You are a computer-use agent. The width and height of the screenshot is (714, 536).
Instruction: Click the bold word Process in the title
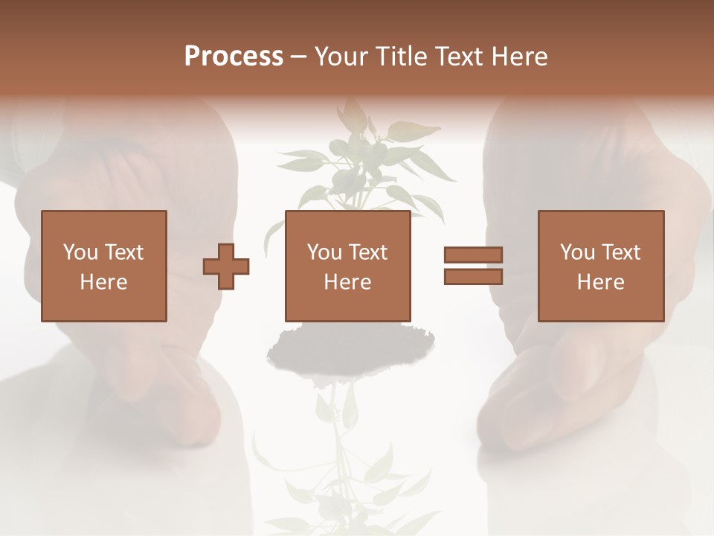234,57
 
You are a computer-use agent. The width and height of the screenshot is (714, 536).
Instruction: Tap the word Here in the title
517,57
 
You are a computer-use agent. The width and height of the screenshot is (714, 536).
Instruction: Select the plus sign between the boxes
226,267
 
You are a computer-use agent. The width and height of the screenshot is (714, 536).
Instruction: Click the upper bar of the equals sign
473,255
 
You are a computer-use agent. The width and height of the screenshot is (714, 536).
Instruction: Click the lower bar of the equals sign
473,277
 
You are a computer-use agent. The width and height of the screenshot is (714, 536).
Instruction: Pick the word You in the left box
80,252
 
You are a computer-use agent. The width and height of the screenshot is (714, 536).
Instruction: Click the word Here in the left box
103,282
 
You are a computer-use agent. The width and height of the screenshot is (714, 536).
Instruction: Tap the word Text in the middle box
368,252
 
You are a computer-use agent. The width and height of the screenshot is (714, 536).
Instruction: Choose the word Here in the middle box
347,282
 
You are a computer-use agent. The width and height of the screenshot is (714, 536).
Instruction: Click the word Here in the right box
600,282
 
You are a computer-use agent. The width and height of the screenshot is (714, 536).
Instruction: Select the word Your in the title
340,57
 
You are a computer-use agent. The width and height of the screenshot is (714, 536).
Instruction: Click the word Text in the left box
124,252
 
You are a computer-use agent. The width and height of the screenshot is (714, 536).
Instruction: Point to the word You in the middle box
325,252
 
